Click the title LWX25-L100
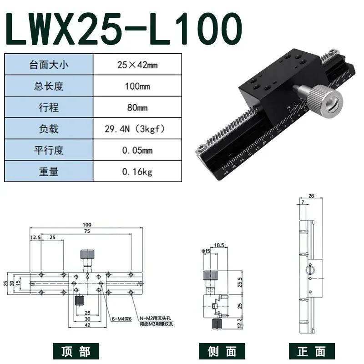123,28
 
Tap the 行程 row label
49,108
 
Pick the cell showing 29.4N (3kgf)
137,129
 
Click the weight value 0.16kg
137,172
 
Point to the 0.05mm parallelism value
137,151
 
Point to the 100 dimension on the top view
86,224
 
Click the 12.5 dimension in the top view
35,238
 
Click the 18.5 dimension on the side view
219,245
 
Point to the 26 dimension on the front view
311,196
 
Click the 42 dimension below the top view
86,325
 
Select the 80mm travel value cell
137,108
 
